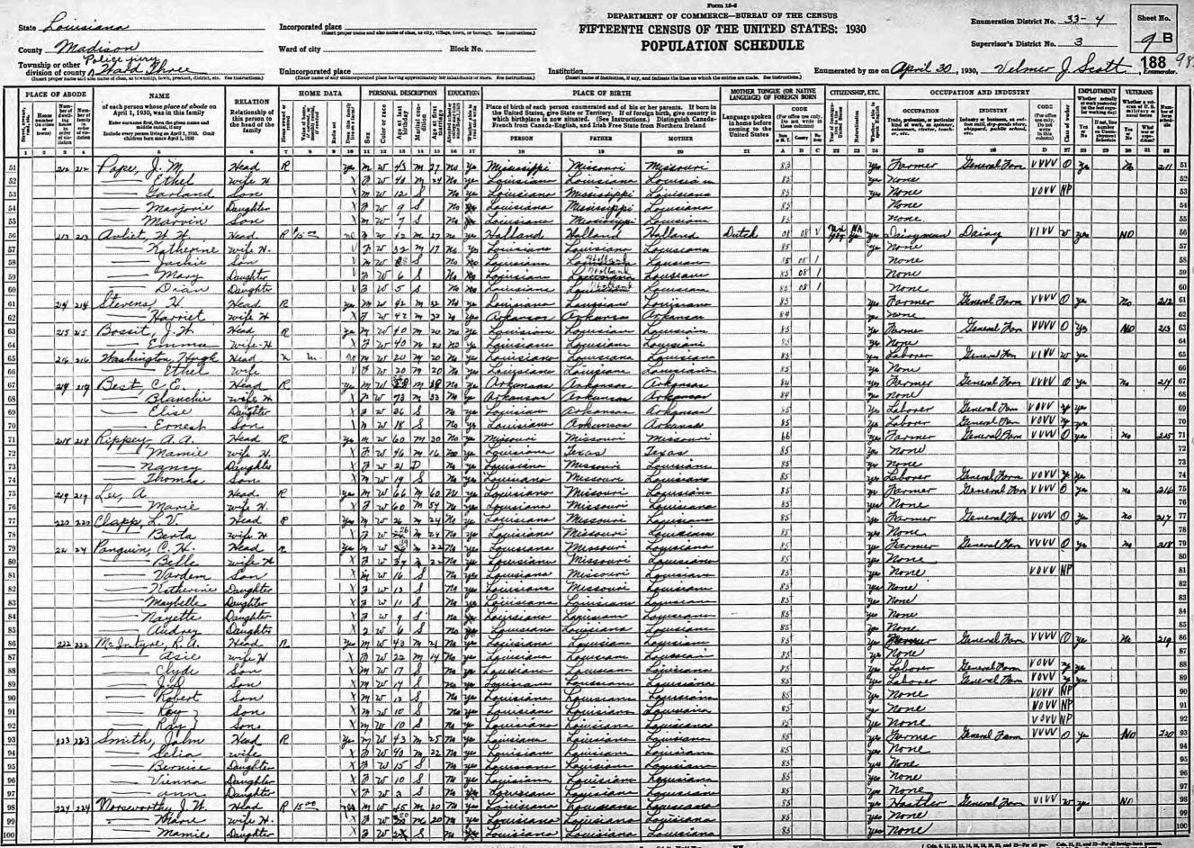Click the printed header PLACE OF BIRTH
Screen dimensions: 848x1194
click(x=602, y=92)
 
